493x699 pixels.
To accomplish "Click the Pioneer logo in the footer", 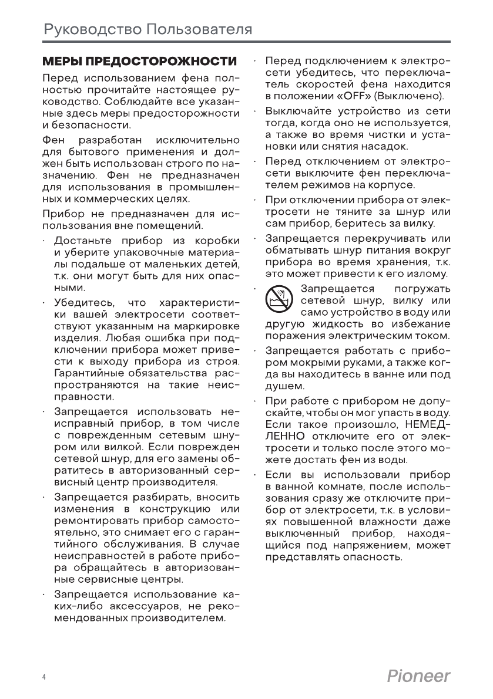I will [418, 676].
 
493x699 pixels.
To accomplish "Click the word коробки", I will [217, 242].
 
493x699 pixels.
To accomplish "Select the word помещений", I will [174, 225].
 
